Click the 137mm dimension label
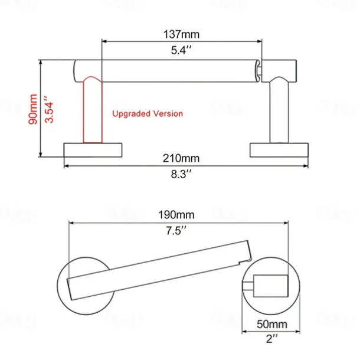[x=181, y=34]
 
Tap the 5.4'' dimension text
[x=181, y=50]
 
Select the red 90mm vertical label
[x=33, y=109]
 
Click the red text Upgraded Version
[x=148, y=113]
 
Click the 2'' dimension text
[x=271, y=339]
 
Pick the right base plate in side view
[x=279, y=150]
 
